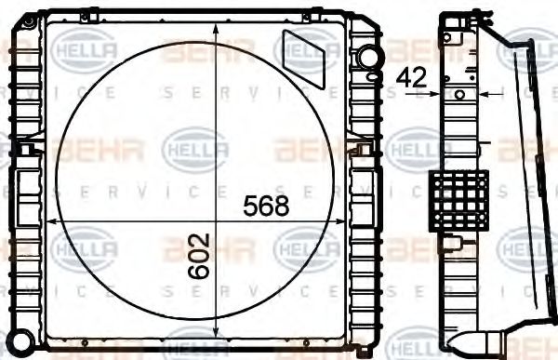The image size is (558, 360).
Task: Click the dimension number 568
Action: point(267,206)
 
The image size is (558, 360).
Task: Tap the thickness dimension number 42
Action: point(412,78)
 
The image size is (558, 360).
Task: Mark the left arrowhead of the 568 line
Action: point(52,221)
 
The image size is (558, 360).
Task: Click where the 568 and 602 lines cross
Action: point(217,221)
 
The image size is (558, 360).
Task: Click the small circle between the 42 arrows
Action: point(460,94)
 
